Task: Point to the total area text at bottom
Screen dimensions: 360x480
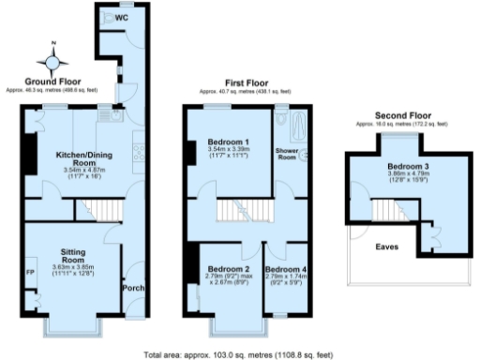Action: click(239, 354)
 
